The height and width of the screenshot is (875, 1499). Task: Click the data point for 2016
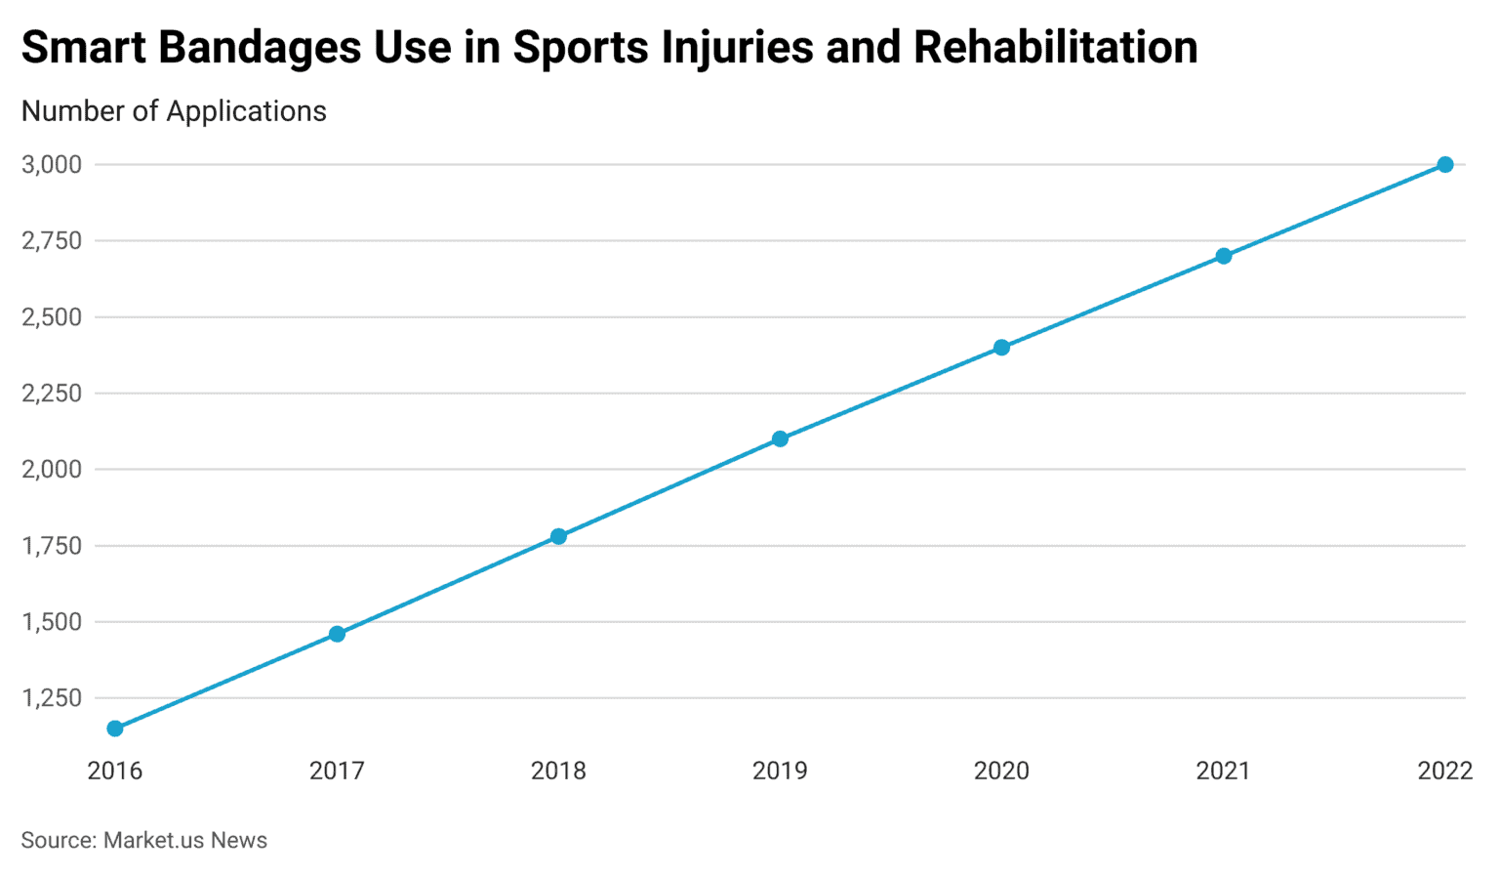coord(115,729)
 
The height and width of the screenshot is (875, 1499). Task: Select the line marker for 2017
coord(337,634)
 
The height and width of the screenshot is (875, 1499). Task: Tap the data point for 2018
coord(558,536)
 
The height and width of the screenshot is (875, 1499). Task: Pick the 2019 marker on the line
coord(780,438)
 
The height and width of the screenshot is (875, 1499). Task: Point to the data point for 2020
coord(1001,348)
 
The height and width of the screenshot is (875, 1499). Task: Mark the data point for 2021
coord(1223,256)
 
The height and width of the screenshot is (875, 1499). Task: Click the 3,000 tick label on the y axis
coord(52,164)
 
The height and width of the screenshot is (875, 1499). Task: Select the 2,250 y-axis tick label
coord(52,393)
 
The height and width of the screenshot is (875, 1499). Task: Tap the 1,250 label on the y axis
coord(52,697)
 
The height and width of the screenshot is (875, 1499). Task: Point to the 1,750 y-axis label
coord(52,545)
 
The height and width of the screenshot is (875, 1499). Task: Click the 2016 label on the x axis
coord(115,771)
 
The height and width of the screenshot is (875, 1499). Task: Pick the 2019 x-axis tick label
coord(780,771)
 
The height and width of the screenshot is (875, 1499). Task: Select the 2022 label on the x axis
coord(1444,771)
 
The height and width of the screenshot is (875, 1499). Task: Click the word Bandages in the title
coord(259,47)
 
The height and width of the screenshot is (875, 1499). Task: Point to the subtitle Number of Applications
coord(174,111)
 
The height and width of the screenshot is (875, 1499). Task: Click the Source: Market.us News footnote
coord(143,840)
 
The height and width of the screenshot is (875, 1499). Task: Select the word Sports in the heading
coord(581,47)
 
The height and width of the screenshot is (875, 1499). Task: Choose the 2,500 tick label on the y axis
coord(52,316)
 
